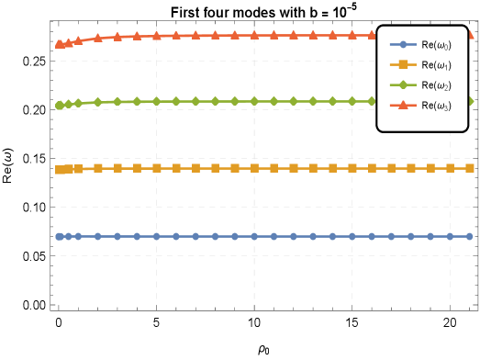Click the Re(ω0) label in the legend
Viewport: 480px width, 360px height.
coord(437,44)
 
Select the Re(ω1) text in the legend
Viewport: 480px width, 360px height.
coord(437,65)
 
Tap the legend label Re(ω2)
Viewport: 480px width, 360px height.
coord(437,85)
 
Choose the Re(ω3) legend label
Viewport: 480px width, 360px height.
coord(437,106)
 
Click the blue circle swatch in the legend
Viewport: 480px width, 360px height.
coord(403,44)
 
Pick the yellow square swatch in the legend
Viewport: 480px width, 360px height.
coord(403,65)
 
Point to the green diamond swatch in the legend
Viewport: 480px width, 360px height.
coord(403,85)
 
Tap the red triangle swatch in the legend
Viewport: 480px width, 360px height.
coord(403,106)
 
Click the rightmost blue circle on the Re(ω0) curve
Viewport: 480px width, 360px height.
coord(469,236)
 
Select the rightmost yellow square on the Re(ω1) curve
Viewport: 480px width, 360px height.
coord(469,168)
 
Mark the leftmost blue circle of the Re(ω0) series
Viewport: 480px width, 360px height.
coord(59,236)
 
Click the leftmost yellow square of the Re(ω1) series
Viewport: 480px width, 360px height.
coord(59,170)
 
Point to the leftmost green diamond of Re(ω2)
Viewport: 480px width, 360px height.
coord(59,106)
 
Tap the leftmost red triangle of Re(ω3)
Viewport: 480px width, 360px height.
coord(59,44)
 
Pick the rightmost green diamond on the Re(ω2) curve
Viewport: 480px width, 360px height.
coord(470,101)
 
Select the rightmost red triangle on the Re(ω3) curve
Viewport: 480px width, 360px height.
coord(470,35)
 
